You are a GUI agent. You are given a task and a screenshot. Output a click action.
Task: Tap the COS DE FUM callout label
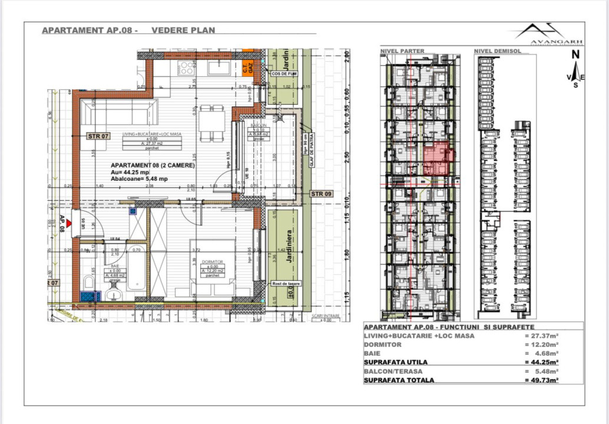point(283,74)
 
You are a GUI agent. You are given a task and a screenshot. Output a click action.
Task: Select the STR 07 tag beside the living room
point(98,136)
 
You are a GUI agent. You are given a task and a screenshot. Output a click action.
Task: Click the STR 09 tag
point(321,194)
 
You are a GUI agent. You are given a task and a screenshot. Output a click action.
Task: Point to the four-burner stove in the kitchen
point(187,68)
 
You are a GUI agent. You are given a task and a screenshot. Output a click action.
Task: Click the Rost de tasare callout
point(286,284)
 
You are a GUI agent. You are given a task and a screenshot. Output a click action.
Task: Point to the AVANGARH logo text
point(557,42)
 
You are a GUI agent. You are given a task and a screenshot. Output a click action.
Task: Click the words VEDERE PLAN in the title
point(183,30)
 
